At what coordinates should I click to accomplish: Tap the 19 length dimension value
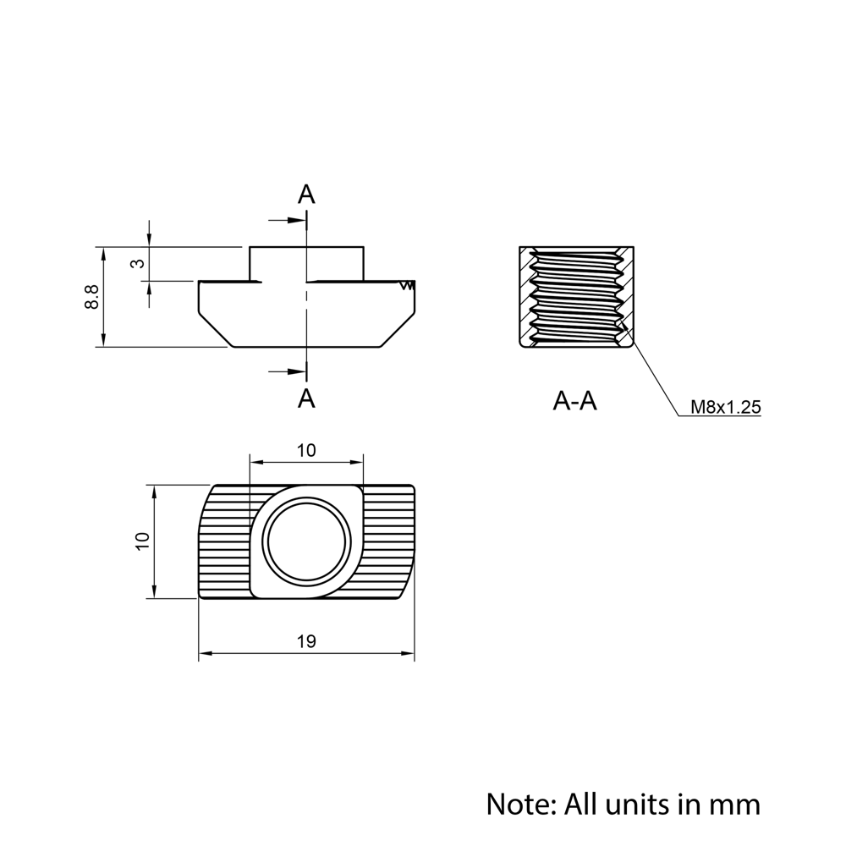click(306, 641)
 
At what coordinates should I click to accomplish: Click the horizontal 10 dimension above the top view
click(306, 450)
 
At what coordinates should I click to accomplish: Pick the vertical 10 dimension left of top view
click(141, 541)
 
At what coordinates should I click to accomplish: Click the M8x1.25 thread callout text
click(725, 407)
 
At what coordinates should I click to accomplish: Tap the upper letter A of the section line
click(306, 195)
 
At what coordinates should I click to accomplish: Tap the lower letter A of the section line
click(306, 398)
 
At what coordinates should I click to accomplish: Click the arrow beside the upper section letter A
click(288, 221)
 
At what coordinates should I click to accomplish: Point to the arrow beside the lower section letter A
click(288, 371)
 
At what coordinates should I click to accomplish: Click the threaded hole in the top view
click(306, 541)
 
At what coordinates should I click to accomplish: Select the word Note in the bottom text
click(516, 803)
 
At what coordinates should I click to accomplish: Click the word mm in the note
click(735, 803)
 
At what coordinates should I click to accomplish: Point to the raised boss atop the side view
click(306, 263)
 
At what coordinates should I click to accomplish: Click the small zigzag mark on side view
click(409, 286)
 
